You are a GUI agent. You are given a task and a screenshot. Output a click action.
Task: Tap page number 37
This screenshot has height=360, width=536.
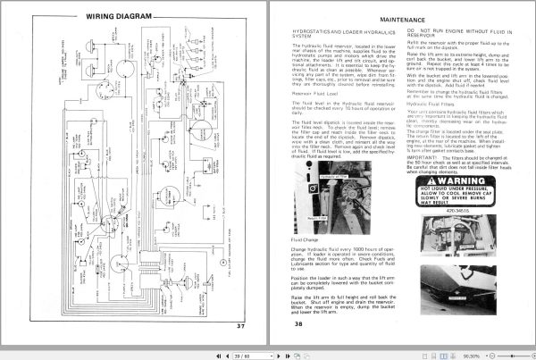coord(239,325)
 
